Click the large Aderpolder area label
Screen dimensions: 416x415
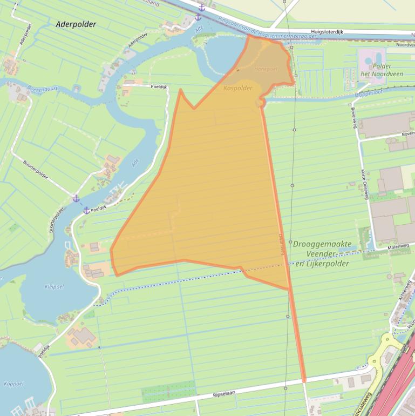coord(76,24)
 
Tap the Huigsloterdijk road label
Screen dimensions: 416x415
coord(326,32)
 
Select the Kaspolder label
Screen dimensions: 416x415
coord(238,88)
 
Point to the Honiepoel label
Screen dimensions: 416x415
coord(266,69)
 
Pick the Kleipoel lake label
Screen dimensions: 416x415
coord(55,287)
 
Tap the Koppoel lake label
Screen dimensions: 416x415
coord(13,384)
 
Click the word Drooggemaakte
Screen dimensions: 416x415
coord(322,244)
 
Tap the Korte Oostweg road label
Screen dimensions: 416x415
coord(364,184)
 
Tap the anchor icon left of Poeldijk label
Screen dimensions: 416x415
coord(86,210)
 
